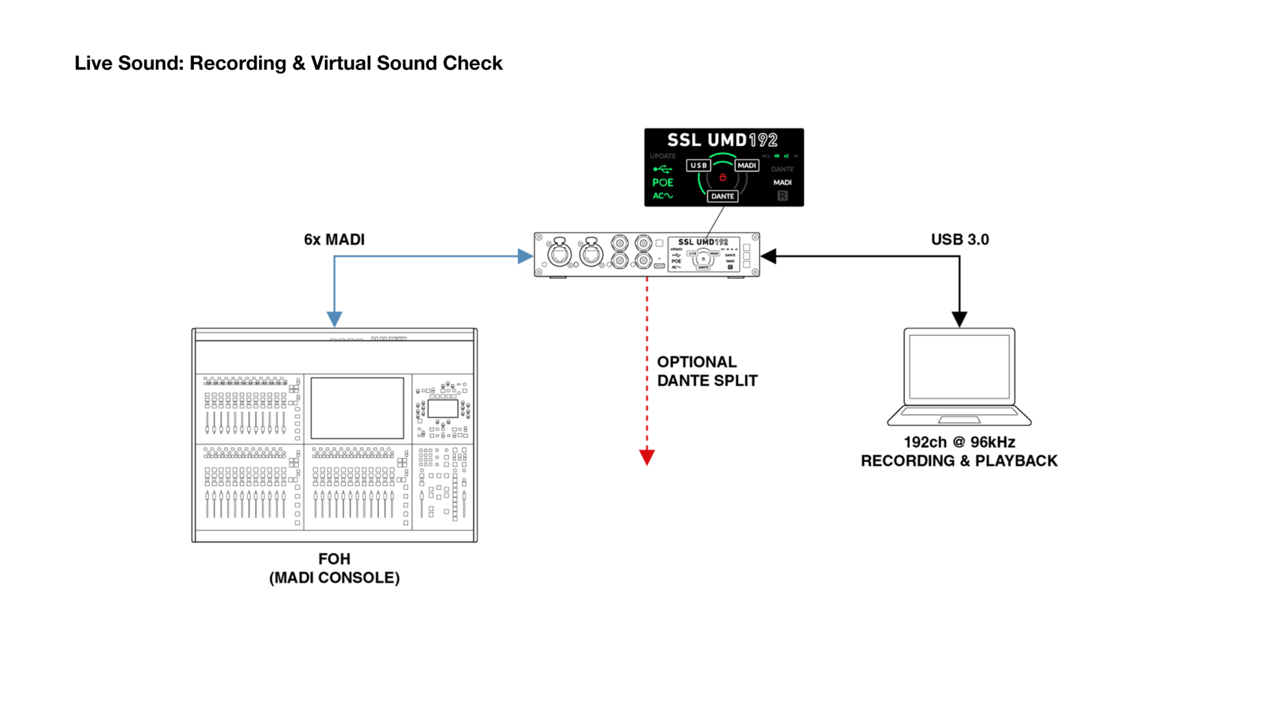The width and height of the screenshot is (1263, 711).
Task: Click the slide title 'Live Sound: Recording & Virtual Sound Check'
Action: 288,63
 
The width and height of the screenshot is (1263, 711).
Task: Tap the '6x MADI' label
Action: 334,240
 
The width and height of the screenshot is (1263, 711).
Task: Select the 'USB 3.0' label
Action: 960,240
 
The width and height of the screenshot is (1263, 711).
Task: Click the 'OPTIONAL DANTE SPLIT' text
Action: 707,371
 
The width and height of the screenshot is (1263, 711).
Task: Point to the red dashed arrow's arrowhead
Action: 647,457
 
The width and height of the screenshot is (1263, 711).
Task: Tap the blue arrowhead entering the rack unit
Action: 525,256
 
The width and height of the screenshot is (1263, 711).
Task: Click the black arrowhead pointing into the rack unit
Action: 769,256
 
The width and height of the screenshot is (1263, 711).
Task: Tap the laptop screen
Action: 959,366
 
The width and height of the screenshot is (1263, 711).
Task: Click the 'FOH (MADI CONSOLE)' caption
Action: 334,568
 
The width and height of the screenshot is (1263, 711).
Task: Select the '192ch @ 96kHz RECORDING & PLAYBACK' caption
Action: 959,452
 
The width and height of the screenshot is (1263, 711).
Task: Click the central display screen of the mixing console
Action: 357,408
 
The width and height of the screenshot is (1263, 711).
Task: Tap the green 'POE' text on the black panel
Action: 662,182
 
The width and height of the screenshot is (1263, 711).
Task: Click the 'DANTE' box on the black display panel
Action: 722,196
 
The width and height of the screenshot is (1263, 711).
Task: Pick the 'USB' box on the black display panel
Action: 699,165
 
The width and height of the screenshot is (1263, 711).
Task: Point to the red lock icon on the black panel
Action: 722,177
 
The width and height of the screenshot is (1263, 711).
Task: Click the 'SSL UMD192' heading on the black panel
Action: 722,140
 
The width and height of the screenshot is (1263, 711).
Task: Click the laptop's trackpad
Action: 959,419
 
